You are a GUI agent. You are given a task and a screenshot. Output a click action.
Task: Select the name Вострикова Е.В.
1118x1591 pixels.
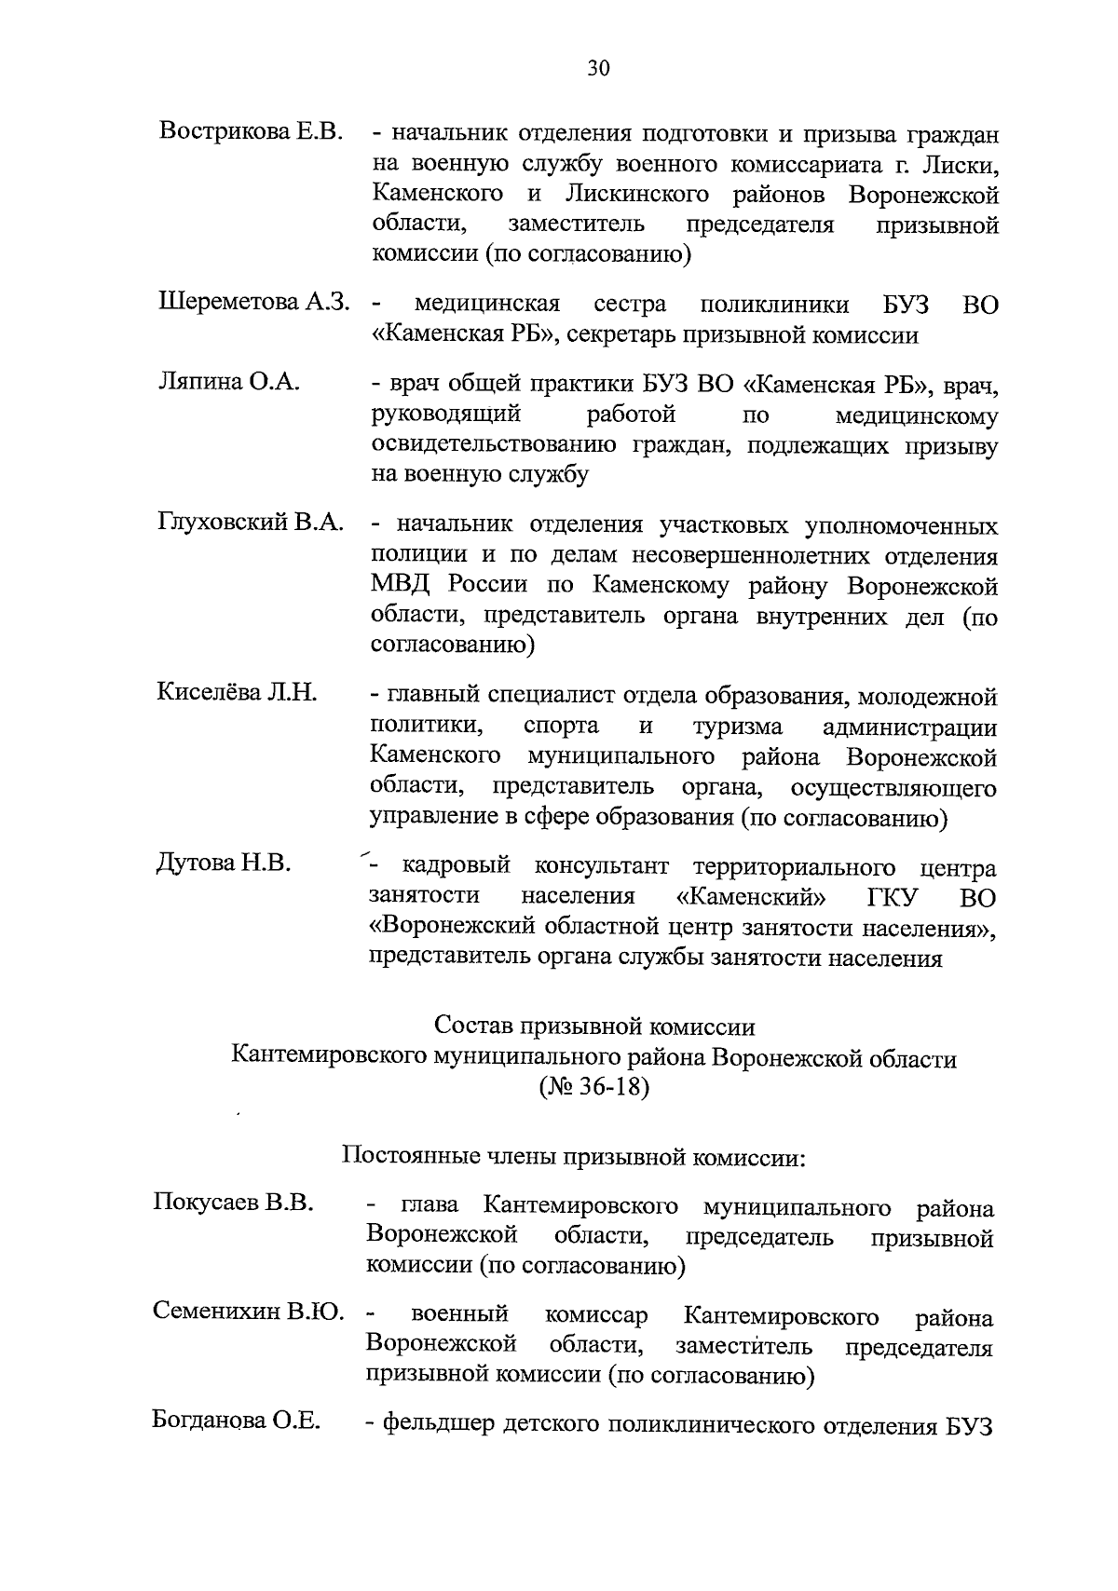point(252,131)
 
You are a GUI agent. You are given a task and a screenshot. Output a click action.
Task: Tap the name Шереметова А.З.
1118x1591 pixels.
point(253,302)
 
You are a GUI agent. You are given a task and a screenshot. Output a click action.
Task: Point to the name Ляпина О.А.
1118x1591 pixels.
point(227,382)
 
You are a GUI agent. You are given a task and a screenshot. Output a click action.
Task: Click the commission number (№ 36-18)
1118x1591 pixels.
point(593,1087)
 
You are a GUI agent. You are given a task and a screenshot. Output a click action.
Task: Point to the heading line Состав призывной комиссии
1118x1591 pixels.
point(594,1027)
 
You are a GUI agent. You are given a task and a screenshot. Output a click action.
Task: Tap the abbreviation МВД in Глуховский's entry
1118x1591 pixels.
point(402,587)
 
